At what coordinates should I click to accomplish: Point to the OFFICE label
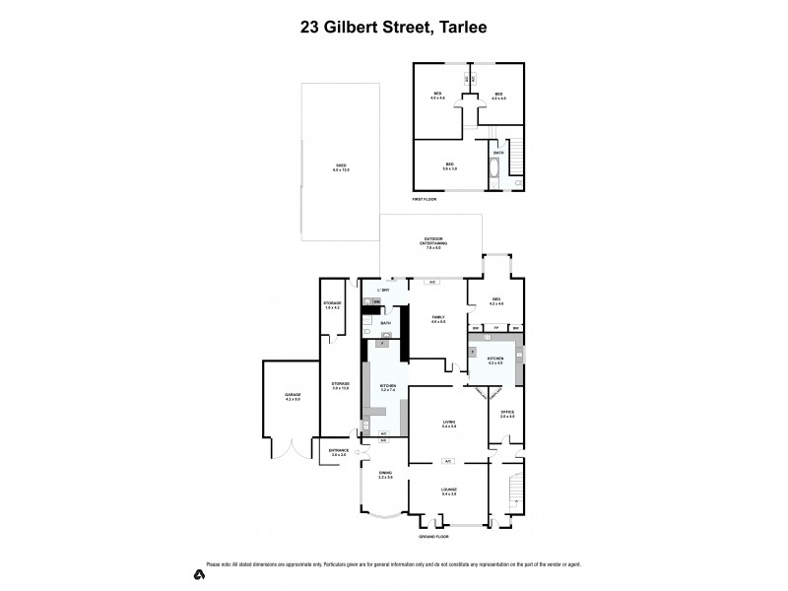(507, 414)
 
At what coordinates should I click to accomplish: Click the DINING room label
(384, 475)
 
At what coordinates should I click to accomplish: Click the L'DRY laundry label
(385, 292)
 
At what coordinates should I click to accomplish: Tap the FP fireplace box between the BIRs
(496, 328)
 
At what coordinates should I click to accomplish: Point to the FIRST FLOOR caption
(425, 200)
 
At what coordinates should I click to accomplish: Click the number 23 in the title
(311, 29)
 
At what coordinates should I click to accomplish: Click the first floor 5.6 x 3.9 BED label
(449, 166)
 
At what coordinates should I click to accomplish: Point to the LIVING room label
(448, 423)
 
